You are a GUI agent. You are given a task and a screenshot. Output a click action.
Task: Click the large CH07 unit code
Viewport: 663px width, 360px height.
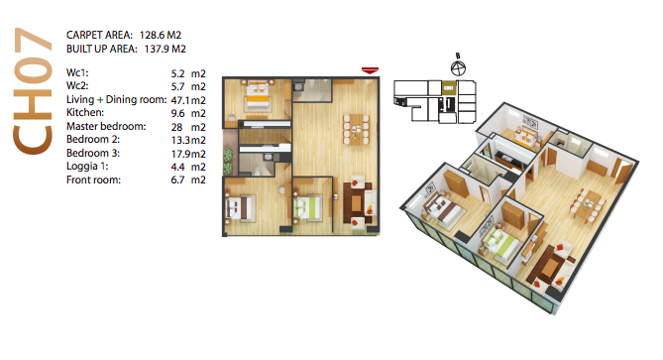click(33, 90)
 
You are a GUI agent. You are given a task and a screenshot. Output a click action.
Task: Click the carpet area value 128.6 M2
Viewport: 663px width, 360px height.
click(161, 35)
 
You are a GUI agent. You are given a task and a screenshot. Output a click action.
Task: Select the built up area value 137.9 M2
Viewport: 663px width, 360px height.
click(165, 49)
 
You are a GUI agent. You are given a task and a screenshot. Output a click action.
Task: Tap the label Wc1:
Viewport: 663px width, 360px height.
click(77, 72)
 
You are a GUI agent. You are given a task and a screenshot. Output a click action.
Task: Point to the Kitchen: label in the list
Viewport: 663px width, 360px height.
click(85, 112)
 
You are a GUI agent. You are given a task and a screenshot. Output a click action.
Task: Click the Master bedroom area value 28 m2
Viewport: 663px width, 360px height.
click(188, 127)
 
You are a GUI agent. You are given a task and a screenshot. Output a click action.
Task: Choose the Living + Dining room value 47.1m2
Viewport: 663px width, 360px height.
click(188, 100)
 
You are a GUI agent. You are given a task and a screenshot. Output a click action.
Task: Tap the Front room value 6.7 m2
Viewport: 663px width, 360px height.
click(188, 180)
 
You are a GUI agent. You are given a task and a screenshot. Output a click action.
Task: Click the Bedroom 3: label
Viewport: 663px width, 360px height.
click(93, 153)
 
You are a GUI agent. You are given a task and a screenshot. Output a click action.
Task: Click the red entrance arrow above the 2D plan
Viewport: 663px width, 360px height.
click(370, 70)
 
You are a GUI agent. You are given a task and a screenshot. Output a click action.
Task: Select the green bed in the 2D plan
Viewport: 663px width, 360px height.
click(308, 207)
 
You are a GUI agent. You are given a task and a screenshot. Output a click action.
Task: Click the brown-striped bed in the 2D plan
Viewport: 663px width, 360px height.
click(240, 207)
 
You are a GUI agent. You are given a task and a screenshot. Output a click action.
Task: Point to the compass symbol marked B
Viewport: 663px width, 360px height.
click(458, 67)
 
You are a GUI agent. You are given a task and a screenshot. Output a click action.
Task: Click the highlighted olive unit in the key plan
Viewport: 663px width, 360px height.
click(449, 87)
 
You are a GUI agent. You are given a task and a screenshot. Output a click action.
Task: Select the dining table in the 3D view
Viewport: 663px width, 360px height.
click(591, 205)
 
